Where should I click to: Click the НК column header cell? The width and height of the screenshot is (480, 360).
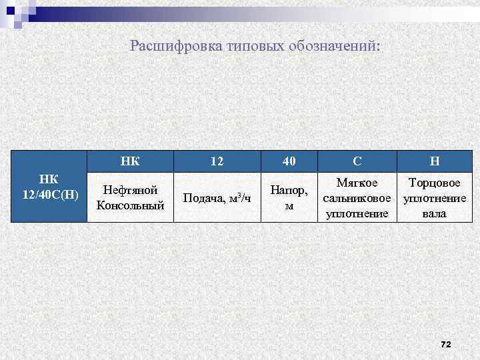(x=130, y=161)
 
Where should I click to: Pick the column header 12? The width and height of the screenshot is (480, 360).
(x=217, y=161)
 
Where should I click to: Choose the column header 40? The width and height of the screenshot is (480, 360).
(x=289, y=161)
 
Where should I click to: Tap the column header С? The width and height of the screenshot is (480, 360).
(x=357, y=161)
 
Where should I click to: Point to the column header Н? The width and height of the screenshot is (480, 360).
(x=434, y=161)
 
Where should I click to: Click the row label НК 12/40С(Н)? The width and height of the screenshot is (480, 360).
(x=49, y=187)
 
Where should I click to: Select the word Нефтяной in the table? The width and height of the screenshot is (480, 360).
(x=130, y=191)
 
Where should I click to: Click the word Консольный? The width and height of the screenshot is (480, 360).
(x=130, y=205)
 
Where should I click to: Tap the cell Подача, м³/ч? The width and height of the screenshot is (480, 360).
(x=217, y=198)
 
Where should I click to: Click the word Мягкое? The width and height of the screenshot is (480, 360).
(x=357, y=183)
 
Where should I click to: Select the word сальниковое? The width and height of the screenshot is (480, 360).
(x=357, y=198)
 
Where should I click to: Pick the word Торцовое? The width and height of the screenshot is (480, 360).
(x=434, y=183)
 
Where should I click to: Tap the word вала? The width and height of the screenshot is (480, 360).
(x=434, y=213)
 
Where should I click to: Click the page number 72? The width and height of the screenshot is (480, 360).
(x=446, y=344)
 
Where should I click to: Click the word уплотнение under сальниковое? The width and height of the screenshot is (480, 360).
(x=357, y=213)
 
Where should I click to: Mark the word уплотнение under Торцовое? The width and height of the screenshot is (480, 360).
(x=434, y=198)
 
